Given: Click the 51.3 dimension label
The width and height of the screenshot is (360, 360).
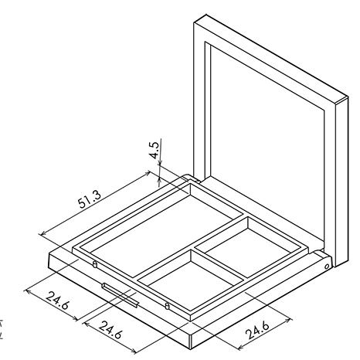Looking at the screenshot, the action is [x=90, y=199].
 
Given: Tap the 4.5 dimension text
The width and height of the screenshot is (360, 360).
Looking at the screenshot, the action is [x=155, y=150].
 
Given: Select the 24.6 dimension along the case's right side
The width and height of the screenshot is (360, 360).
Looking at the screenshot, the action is [x=258, y=330].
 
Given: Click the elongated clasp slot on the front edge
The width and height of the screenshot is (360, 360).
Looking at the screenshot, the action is [x=121, y=295].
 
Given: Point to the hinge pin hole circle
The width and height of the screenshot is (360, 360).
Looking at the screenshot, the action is [x=327, y=267].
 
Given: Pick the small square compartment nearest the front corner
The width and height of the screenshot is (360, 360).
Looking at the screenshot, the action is [x=192, y=280].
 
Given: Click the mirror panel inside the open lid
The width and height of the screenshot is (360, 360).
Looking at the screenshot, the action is [x=267, y=144].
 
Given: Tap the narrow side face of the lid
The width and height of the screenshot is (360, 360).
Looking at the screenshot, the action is [x=341, y=182].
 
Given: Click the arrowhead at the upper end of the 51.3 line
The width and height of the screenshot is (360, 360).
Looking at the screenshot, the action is [x=147, y=173].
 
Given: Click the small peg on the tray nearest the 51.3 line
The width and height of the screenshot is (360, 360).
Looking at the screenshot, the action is [x=95, y=264].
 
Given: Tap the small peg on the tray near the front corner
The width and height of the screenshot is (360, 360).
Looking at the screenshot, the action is [x=167, y=306].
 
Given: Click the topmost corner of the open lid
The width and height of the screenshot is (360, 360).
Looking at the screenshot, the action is [x=206, y=15].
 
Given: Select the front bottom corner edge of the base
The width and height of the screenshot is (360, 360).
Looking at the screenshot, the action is [x=191, y=341].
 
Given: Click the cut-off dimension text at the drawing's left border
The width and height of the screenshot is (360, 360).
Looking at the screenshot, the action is [x=1, y=329].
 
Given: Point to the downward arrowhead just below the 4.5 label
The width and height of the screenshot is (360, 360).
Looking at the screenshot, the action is [x=160, y=162].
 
